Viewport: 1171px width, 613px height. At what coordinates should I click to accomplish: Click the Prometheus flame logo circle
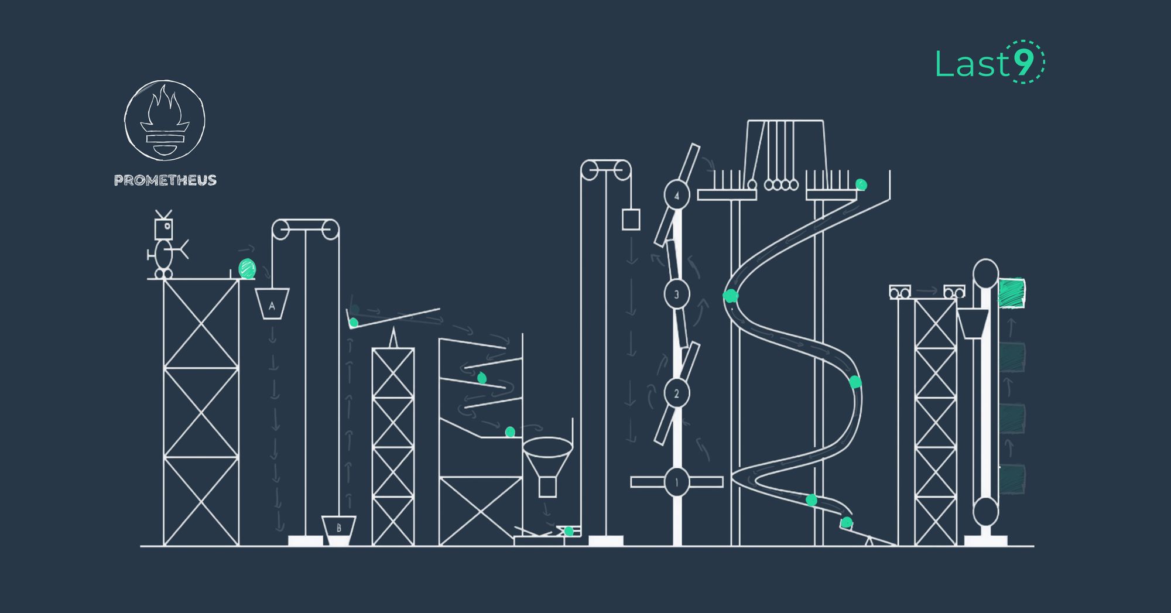(165, 120)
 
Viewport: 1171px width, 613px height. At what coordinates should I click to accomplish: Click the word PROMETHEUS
(165, 180)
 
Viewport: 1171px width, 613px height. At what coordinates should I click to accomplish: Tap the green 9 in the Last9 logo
(1025, 62)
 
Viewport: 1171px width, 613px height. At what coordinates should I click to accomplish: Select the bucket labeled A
(272, 304)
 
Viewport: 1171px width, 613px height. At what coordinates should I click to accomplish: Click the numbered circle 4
(677, 195)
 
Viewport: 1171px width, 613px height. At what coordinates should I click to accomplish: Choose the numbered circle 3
(677, 294)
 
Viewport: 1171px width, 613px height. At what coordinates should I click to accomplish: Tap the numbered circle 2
(677, 393)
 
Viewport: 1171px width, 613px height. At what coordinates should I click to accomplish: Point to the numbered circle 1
(677, 482)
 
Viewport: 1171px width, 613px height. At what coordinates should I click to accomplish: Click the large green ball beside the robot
(247, 269)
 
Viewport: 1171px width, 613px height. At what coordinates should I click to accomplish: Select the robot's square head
(163, 228)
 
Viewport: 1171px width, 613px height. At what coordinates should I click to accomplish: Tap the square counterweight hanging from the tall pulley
(631, 220)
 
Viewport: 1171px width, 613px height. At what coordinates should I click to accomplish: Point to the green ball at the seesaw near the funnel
(569, 531)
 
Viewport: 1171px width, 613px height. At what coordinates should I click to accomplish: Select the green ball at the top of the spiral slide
(861, 185)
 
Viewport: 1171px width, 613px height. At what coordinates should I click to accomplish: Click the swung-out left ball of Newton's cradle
(752, 185)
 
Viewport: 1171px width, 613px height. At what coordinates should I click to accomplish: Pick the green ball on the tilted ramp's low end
(354, 323)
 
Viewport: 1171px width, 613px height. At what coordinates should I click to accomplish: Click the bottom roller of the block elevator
(985, 512)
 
